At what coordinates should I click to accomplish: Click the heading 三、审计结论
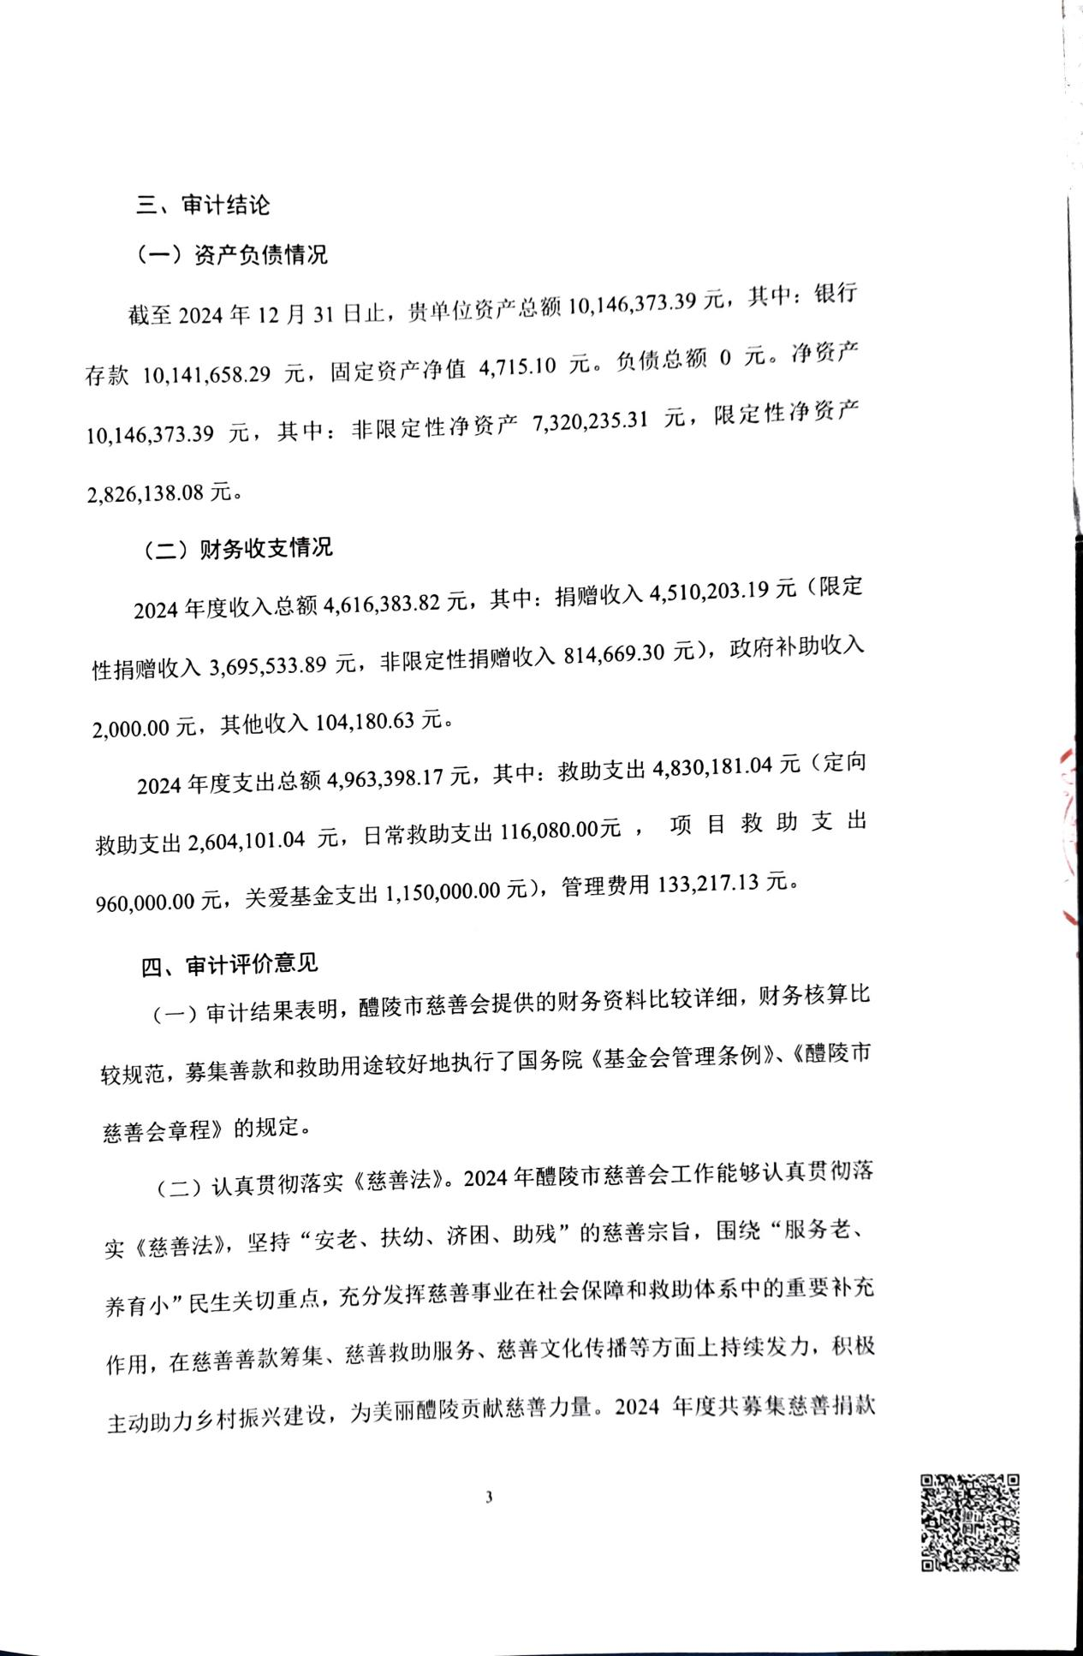[x=204, y=206]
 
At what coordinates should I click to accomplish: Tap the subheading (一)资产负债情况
[x=232, y=255]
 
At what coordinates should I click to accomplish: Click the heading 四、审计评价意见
[x=229, y=964]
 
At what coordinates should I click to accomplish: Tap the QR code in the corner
[x=969, y=1522]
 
